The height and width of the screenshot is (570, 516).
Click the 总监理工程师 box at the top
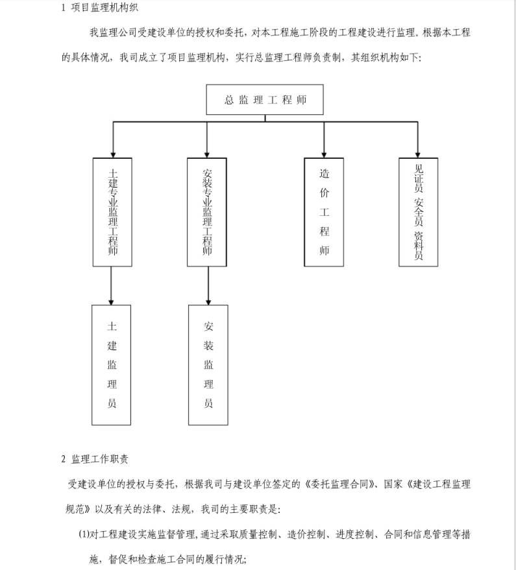click(265, 101)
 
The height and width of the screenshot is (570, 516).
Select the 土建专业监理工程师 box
click(112, 211)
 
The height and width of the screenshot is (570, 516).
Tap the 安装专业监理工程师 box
click(208, 211)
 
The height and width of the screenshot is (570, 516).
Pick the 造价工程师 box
click(324, 211)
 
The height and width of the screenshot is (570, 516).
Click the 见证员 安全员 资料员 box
click(419, 211)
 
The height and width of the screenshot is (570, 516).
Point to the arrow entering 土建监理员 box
click(112, 300)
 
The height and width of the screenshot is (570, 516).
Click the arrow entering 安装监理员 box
click(208, 300)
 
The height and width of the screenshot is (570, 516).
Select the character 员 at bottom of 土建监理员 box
click(112, 403)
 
